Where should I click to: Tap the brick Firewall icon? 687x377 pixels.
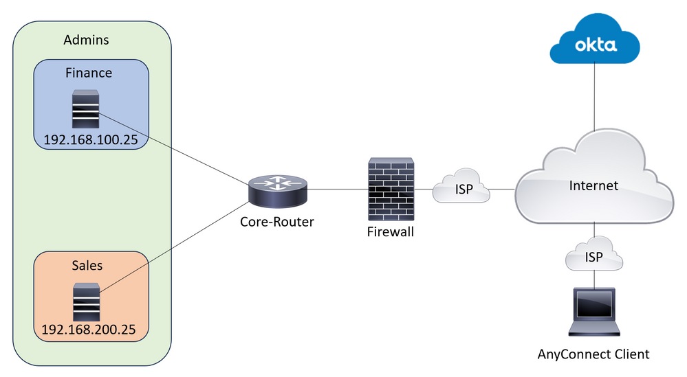tap(391, 189)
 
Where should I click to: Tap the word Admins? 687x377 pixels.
tap(86, 40)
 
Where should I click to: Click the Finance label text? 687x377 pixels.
tap(89, 71)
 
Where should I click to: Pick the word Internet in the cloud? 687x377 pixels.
tap(593, 185)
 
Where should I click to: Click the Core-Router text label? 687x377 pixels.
tap(277, 222)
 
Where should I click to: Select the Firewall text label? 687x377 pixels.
tap(391, 231)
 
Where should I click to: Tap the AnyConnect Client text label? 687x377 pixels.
tap(593, 354)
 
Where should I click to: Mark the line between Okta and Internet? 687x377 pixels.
tap(593, 103)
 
